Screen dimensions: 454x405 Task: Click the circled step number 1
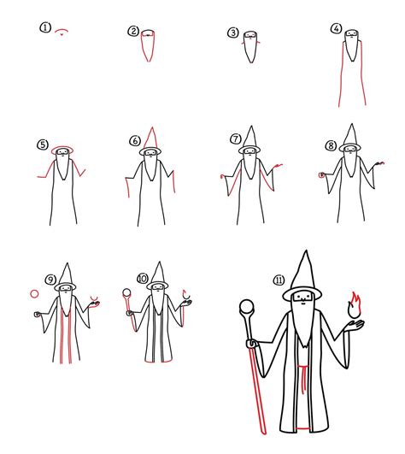point(45,27)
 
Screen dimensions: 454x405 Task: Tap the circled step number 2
point(133,32)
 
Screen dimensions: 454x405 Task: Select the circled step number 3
point(232,33)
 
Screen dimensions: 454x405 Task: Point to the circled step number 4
point(336,28)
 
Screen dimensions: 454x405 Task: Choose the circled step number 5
point(42,145)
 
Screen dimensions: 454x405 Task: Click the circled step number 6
point(134,141)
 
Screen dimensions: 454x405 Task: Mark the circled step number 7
point(236,139)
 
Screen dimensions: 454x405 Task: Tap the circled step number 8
point(330,146)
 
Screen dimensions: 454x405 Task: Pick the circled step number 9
point(50,280)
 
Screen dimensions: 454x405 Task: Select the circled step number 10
point(142,279)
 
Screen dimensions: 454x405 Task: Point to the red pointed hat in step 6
point(151,137)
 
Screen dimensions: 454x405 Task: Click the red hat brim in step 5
point(63,150)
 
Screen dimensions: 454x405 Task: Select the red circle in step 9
point(34,293)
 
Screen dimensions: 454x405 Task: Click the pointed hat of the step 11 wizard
point(303,269)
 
